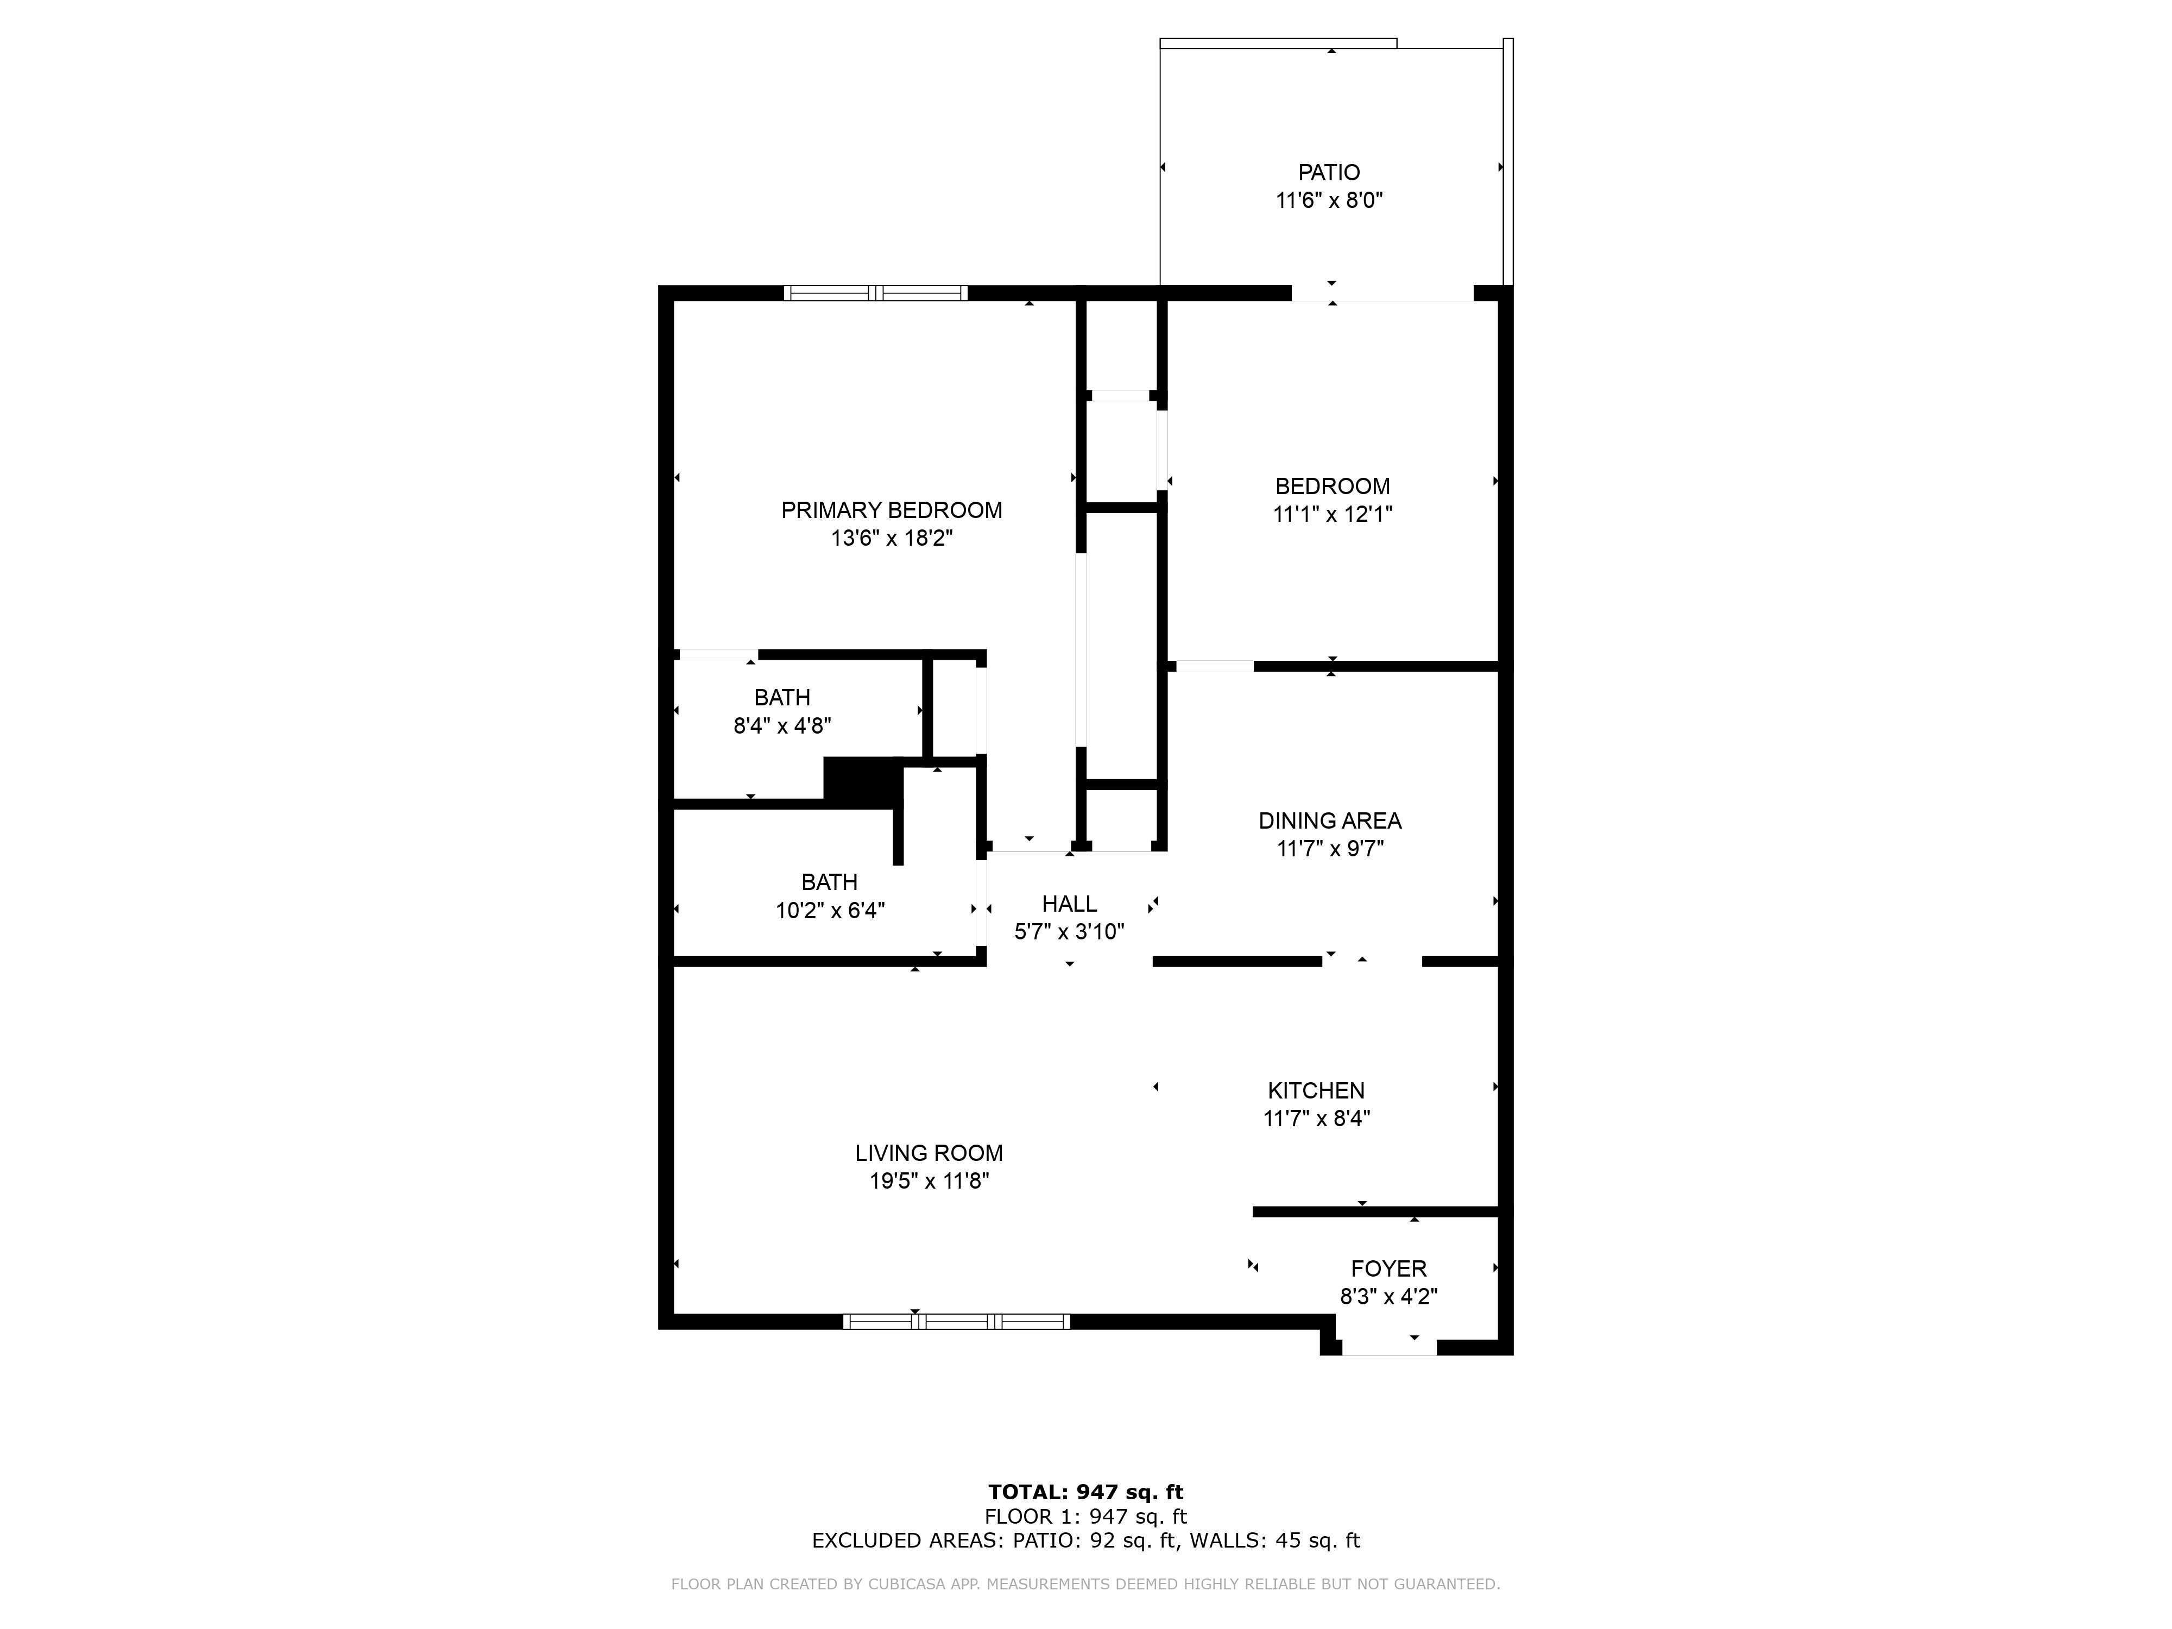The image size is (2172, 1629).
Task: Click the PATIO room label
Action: (x=1329, y=173)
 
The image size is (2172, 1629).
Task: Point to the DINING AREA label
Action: (x=1329, y=821)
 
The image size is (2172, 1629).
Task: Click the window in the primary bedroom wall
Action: (x=875, y=293)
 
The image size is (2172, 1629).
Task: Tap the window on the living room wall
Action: (x=956, y=1322)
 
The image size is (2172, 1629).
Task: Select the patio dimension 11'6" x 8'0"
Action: (x=1329, y=200)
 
